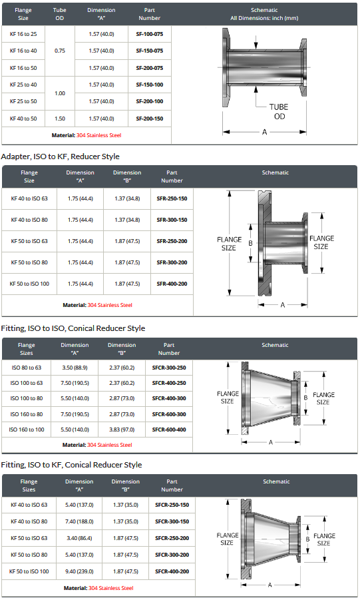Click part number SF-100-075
click(x=149, y=34)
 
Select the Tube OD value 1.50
click(x=60, y=119)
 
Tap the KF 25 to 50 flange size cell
click(x=23, y=101)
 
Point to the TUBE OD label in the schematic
click(x=279, y=111)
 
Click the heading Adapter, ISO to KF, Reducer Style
click(x=60, y=156)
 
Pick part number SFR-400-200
click(x=172, y=284)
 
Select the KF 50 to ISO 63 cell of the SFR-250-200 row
click(x=29, y=241)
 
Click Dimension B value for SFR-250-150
click(x=127, y=198)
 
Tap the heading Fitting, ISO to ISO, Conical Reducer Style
click(x=73, y=328)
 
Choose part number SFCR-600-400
click(x=169, y=430)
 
